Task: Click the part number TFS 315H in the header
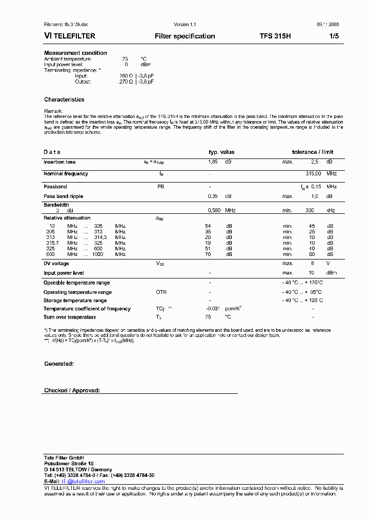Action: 275,36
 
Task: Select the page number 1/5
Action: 333,36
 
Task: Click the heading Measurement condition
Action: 75,53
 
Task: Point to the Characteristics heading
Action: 64,99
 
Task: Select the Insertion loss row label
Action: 59,162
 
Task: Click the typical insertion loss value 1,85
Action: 213,162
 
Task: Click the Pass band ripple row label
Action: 63,196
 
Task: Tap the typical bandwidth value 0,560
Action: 214,210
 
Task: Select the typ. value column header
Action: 221,152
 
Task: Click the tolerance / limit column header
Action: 313,152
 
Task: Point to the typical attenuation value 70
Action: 208,254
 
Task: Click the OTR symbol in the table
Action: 161,292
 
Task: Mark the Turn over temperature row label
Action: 70,317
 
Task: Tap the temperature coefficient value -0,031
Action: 213,309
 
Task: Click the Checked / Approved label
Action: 72,391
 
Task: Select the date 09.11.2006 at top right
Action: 324,25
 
